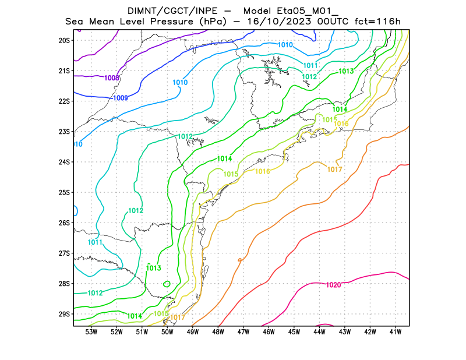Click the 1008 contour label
coord(112,77)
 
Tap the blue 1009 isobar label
coord(121,98)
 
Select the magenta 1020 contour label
coord(333,285)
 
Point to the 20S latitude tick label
coord(64,40)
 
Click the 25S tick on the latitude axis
coord(64,192)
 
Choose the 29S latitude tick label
coord(64,314)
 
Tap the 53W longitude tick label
coord(91,332)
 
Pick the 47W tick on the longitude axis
coord(243,332)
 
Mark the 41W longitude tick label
coord(396,332)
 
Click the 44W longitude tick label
coord(319,332)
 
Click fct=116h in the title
coord(379,22)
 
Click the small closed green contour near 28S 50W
coord(167,284)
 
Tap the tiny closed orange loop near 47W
coord(240,260)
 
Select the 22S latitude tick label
coord(64,101)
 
